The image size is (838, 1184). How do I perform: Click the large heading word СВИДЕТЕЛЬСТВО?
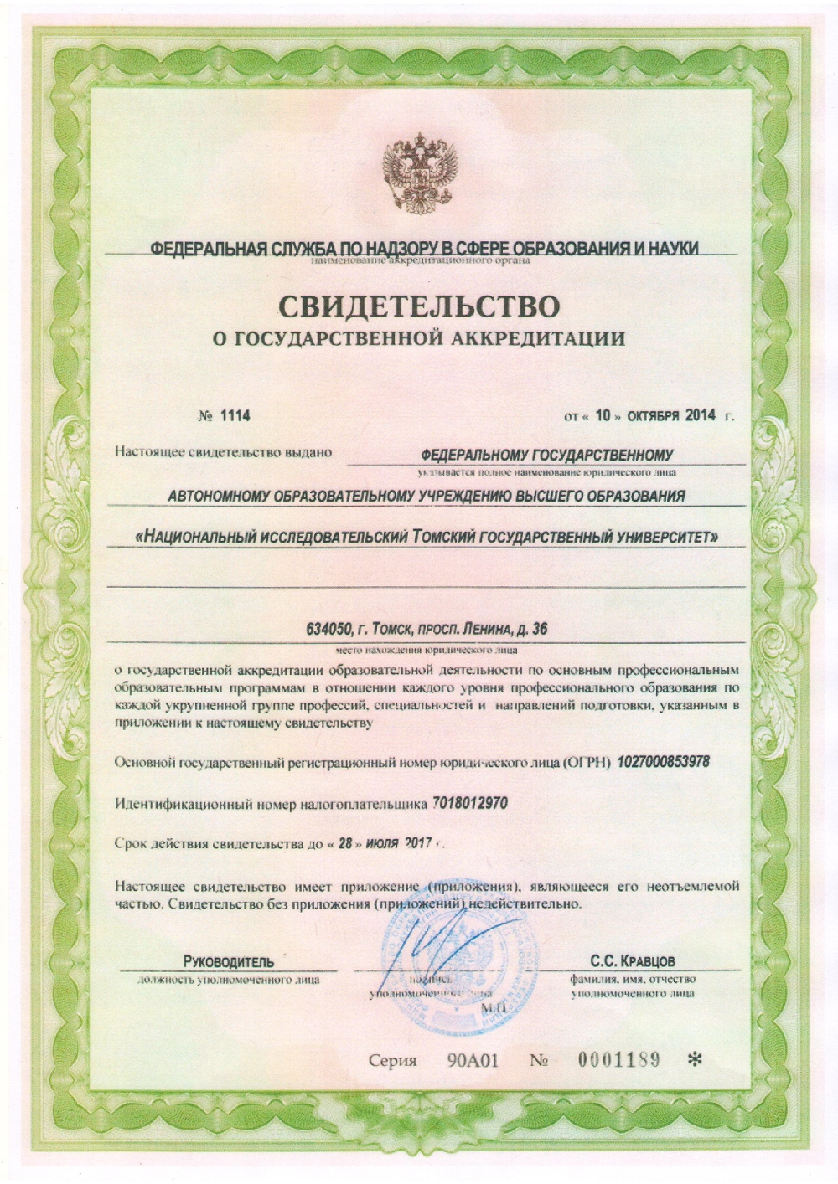pos(417,306)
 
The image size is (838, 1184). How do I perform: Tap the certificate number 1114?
pos(235,415)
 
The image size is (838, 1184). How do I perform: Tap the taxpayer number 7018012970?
pos(470,804)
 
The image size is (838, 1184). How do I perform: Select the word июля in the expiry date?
pos(380,845)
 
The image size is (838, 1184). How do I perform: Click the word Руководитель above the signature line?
pos(228,961)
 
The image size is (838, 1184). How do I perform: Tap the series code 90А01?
pos(473,1061)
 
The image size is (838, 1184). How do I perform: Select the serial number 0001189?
pos(619,1060)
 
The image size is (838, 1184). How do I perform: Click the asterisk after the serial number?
pos(694,1060)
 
